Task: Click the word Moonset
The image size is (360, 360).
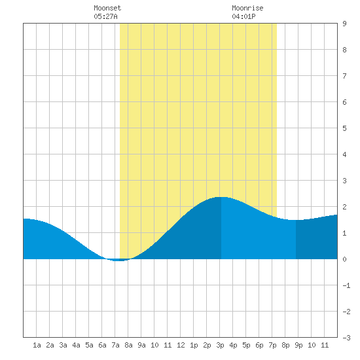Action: click(x=107, y=8)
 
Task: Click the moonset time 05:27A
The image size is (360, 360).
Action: click(x=105, y=16)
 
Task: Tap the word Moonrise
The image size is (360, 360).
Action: click(x=247, y=8)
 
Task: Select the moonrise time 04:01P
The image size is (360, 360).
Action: click(x=243, y=16)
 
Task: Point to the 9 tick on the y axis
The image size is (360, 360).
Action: click(x=344, y=24)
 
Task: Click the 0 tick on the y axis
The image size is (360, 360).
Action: click(x=344, y=259)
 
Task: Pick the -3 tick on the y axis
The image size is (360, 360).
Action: click(x=346, y=338)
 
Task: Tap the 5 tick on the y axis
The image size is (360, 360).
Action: click(x=344, y=128)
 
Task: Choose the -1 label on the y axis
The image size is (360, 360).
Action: click(x=346, y=285)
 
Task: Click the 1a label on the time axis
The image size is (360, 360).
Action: click(x=37, y=345)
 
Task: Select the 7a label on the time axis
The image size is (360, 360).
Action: click(x=115, y=345)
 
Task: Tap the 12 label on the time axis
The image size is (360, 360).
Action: click(x=181, y=345)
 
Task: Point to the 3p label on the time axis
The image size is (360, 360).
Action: click(x=220, y=345)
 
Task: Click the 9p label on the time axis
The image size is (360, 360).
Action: click(x=298, y=345)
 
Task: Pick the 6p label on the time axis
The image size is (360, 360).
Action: click(x=259, y=345)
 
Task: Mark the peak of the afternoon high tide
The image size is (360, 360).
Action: click(x=221, y=197)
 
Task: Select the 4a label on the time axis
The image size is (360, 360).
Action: click(x=76, y=345)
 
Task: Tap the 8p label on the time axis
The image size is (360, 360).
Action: click(x=285, y=345)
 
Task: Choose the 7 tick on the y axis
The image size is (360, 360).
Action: click(x=344, y=76)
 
